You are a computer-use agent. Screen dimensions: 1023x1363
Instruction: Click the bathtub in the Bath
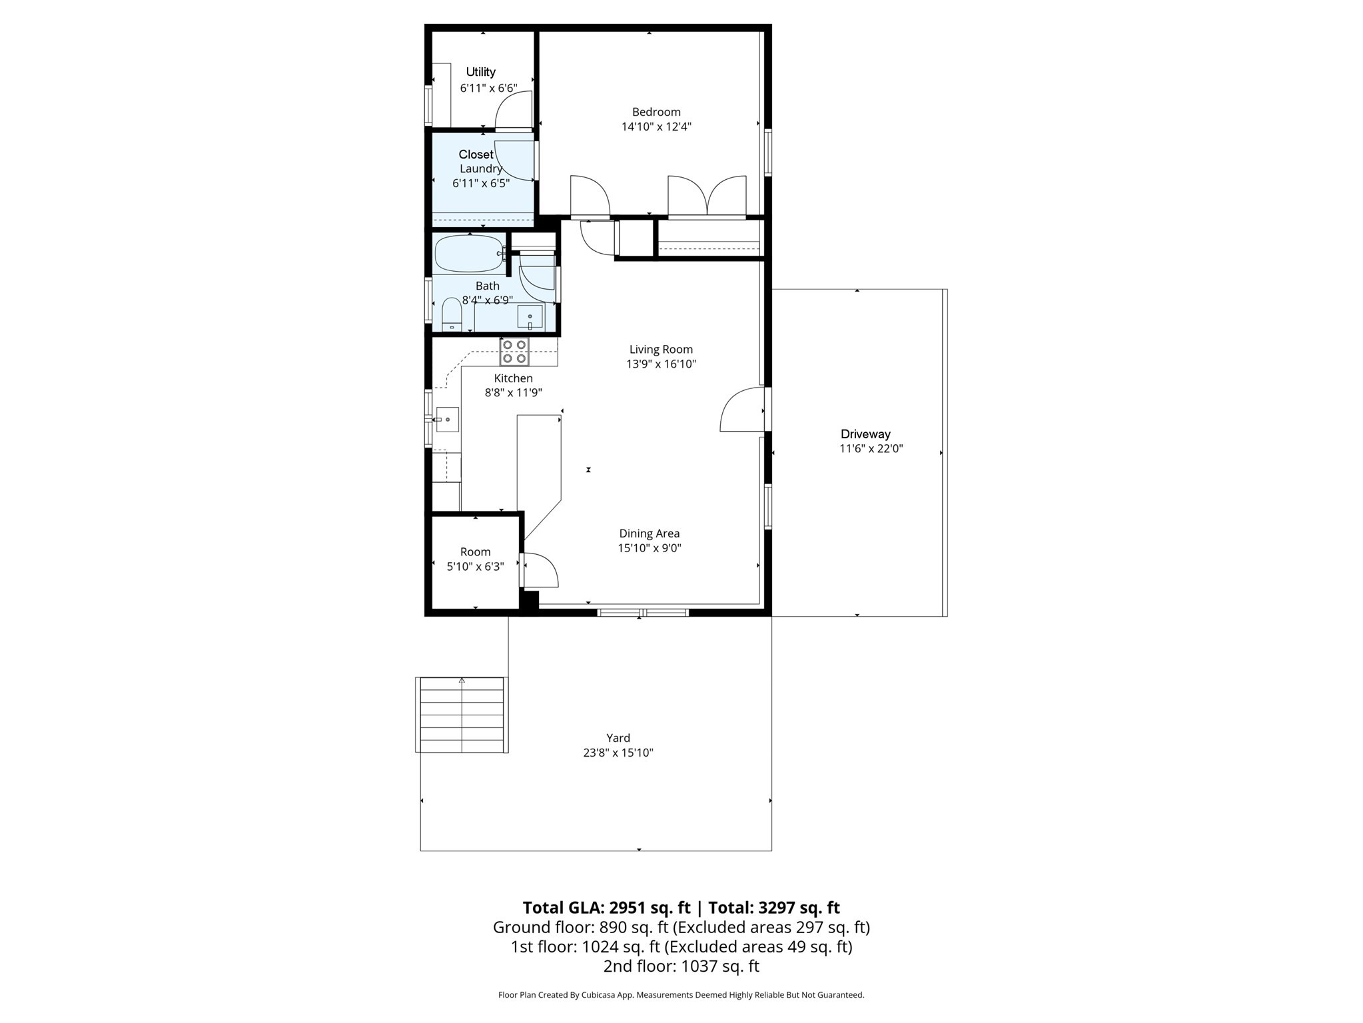pyautogui.click(x=468, y=254)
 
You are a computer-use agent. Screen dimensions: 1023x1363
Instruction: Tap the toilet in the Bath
pyautogui.click(x=452, y=314)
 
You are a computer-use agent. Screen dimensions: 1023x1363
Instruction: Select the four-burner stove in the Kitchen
pyautogui.click(x=514, y=352)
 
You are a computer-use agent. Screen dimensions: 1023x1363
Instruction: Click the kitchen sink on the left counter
pyautogui.click(x=447, y=420)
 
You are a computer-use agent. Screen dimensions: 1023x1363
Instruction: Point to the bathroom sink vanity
pyautogui.click(x=530, y=317)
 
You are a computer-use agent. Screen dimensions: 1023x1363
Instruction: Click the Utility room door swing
pyautogui.click(x=514, y=111)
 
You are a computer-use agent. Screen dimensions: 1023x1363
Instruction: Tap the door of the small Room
pyautogui.click(x=540, y=570)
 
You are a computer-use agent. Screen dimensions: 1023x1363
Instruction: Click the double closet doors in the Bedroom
pyautogui.click(x=707, y=196)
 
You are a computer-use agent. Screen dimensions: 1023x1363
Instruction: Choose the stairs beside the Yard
pyautogui.click(x=462, y=715)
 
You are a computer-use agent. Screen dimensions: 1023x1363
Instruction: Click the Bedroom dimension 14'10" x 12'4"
pyautogui.click(x=656, y=127)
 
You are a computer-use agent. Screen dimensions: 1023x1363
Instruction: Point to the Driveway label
pyautogui.click(x=865, y=434)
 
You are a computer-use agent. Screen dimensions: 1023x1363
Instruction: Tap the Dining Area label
pyautogui.click(x=649, y=533)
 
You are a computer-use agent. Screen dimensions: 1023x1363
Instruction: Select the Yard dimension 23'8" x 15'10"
pyautogui.click(x=618, y=753)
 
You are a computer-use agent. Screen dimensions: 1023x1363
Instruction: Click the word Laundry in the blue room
pyautogui.click(x=480, y=169)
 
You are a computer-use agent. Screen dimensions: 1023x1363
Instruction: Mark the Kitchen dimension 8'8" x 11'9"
pyautogui.click(x=513, y=393)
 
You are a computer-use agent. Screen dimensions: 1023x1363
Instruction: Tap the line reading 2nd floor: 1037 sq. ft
pyautogui.click(x=681, y=966)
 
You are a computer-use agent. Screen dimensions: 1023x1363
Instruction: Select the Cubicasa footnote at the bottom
pyautogui.click(x=681, y=995)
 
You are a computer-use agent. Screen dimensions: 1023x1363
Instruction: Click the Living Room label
pyautogui.click(x=661, y=350)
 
